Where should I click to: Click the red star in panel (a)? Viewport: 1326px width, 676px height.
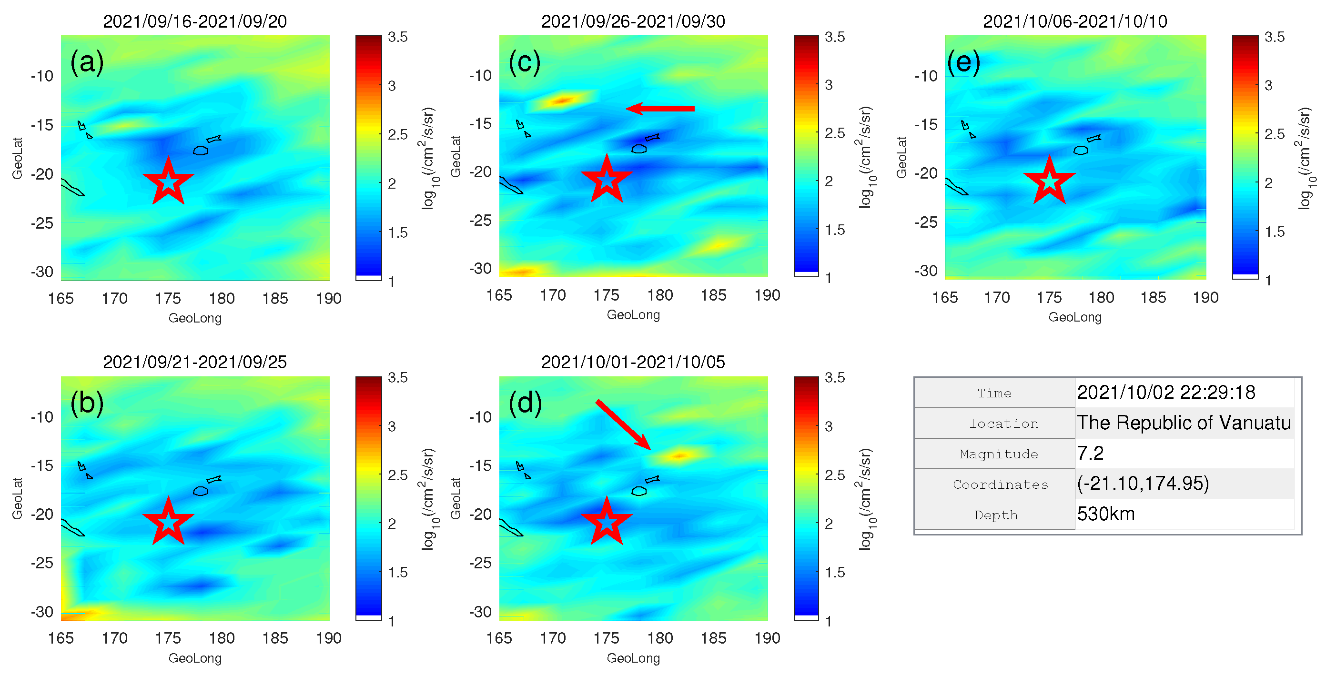[x=168, y=181]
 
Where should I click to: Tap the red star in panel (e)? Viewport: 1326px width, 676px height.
[x=1049, y=181]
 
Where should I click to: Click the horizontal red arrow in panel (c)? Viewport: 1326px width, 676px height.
[x=660, y=109]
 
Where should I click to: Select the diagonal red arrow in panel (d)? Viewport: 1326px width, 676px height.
[x=623, y=425]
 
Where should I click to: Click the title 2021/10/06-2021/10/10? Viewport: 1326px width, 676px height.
[x=1075, y=21]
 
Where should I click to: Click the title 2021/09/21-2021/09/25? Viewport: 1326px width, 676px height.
[x=194, y=362]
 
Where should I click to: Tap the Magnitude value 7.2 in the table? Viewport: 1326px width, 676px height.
[x=1090, y=453]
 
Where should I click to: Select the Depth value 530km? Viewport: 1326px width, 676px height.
[x=1106, y=514]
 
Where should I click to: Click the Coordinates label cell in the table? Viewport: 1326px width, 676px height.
[x=1000, y=484]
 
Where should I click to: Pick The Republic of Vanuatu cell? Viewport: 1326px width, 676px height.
[x=1184, y=423]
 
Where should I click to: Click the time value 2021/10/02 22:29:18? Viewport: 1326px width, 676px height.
[x=1166, y=393]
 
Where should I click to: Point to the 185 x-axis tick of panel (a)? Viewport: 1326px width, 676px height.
[x=275, y=299]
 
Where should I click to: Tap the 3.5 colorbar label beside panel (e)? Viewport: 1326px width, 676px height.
[x=1274, y=37]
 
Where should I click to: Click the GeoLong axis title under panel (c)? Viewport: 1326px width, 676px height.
[x=633, y=314]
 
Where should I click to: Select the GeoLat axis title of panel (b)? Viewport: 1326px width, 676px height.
[x=18, y=498]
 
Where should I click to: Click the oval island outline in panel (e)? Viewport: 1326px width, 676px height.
[x=1081, y=151]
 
